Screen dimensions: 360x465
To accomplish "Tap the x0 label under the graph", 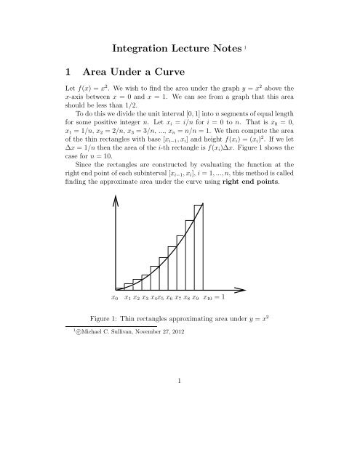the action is [115, 298].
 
